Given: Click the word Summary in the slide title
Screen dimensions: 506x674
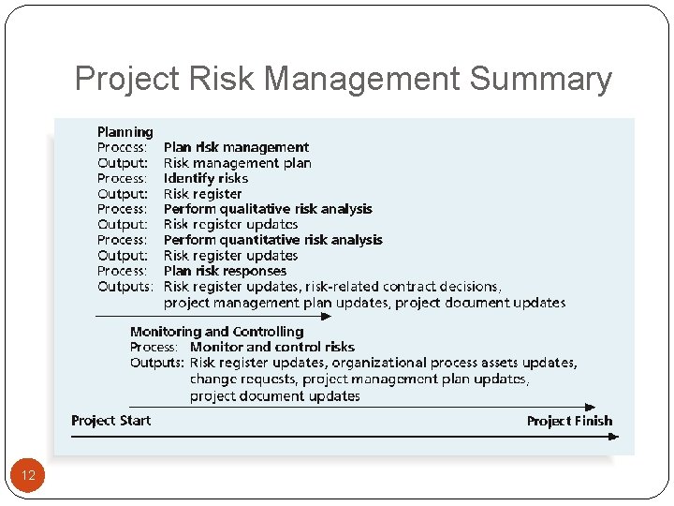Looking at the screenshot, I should (541, 79).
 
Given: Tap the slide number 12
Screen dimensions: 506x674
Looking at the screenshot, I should (28, 476).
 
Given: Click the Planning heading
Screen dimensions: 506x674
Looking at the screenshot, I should (125, 132).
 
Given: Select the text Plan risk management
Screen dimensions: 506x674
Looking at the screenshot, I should (236, 147).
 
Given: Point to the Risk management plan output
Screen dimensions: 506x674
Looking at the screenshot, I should (237, 163).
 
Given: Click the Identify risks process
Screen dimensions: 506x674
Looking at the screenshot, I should (206, 178).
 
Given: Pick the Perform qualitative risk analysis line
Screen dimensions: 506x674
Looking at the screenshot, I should (268, 209).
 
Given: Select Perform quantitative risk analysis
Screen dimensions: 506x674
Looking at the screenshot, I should (272, 240).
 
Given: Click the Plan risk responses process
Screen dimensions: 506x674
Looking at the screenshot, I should (225, 271).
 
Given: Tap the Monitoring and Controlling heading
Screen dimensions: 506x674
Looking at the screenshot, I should (216, 332).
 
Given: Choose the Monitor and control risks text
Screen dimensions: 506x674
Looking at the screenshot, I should (272, 347).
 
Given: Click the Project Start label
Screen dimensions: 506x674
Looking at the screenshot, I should (110, 421).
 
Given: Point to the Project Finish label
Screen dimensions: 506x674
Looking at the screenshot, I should (569, 421).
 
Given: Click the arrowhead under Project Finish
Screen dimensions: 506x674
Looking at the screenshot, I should (614, 437).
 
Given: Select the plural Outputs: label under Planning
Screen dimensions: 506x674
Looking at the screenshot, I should (125, 287).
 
